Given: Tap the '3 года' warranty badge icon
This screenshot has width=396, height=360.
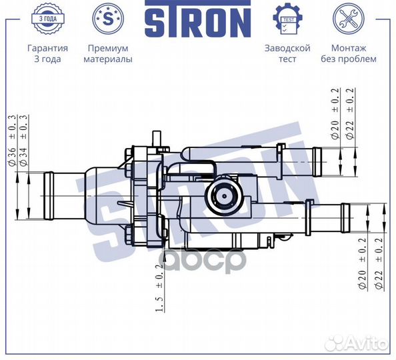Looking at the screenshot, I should [x=47, y=19].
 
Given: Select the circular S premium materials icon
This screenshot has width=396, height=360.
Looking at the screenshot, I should [x=107, y=19].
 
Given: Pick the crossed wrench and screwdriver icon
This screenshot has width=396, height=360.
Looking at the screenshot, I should [x=348, y=19].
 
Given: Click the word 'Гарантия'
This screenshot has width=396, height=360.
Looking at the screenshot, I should [x=47, y=48].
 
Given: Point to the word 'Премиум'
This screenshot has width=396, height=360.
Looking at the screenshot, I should [x=107, y=48].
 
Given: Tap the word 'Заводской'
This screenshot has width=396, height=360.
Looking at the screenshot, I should [x=287, y=48].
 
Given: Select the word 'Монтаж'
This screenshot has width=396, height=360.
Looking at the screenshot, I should [x=348, y=48].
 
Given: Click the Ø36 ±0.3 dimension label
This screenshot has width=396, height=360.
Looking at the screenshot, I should [x=11, y=139].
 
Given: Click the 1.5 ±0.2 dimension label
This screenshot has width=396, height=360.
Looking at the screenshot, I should [x=159, y=287].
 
